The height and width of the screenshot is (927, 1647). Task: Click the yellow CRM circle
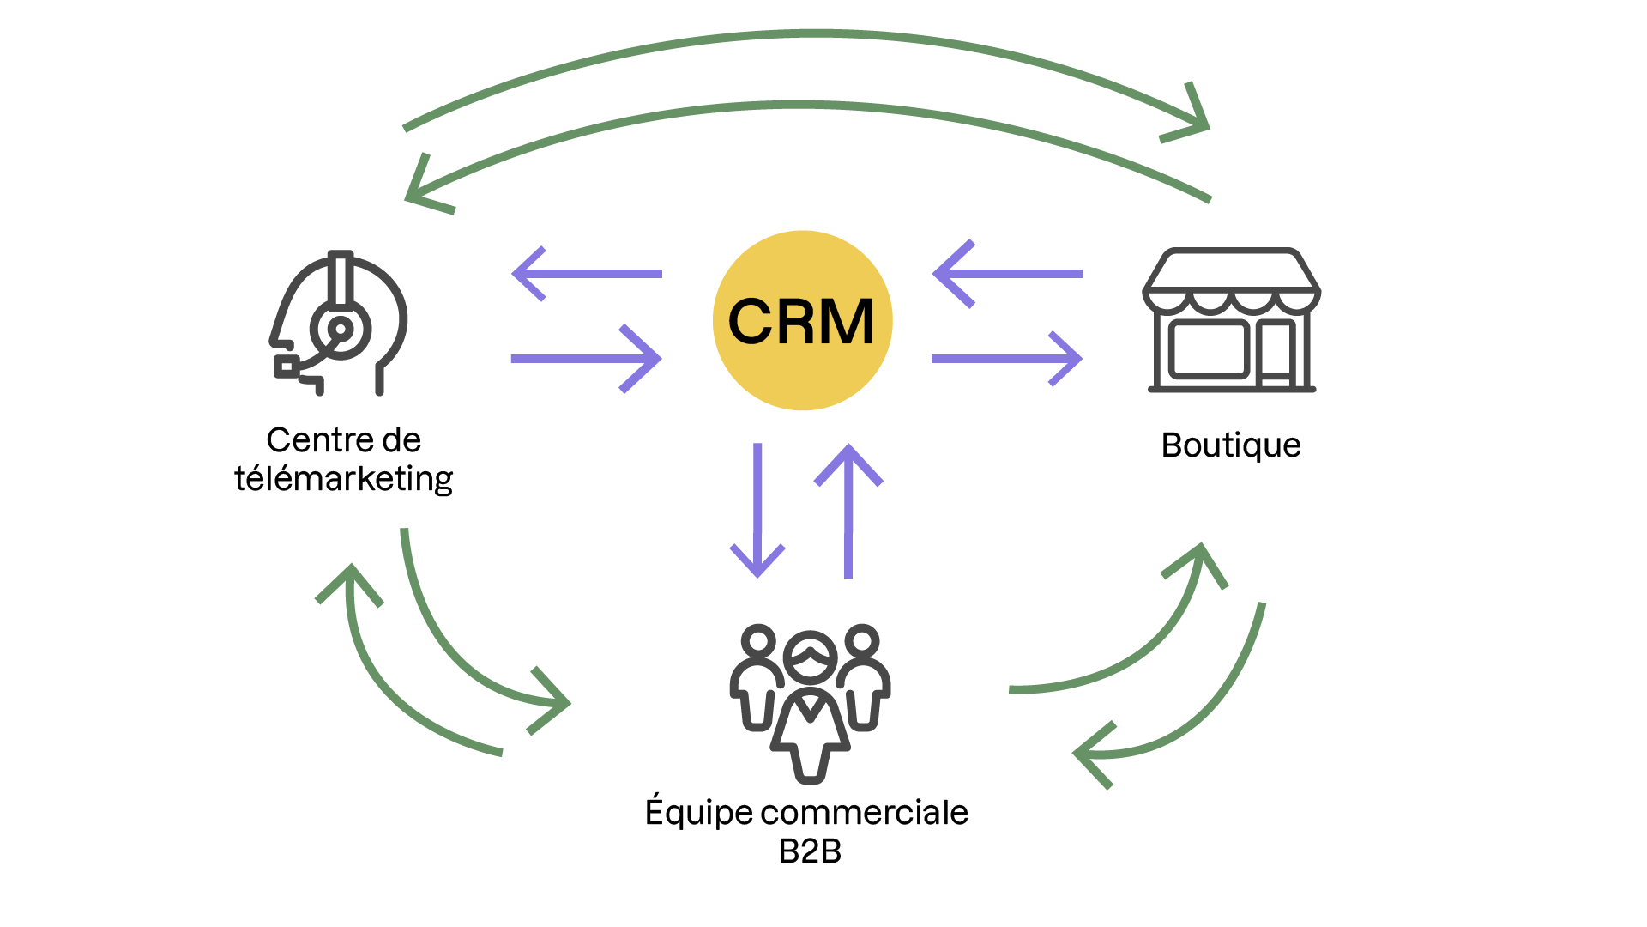click(x=802, y=320)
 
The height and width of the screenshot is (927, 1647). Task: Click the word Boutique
click(x=1231, y=445)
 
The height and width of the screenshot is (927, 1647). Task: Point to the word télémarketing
click(x=343, y=479)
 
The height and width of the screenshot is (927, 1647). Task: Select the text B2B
click(x=810, y=851)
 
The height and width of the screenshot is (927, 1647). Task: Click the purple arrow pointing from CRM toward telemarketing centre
click(x=587, y=274)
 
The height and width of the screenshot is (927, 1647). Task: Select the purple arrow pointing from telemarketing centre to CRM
click(x=587, y=359)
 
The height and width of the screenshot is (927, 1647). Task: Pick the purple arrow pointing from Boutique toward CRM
click(x=1007, y=274)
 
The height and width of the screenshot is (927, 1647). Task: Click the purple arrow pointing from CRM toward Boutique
click(x=1007, y=359)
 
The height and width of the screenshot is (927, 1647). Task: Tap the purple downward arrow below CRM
click(x=757, y=511)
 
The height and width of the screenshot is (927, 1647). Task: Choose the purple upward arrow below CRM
click(x=848, y=511)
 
